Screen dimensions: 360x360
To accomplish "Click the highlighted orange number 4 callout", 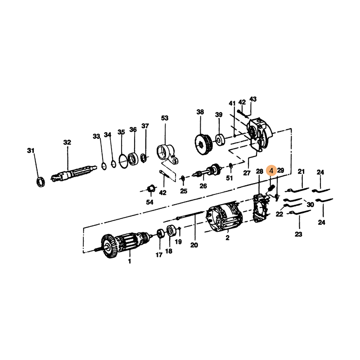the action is coord(271,171).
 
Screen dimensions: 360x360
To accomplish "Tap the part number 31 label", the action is coord(31,151).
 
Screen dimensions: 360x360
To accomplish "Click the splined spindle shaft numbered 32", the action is coord(74,172).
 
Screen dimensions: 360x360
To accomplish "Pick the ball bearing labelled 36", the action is coord(133,159).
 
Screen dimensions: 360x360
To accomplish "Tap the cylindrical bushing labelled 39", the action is coord(220,139).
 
